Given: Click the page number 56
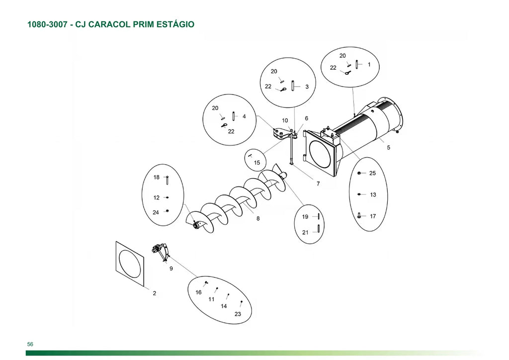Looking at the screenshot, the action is [x=30, y=344].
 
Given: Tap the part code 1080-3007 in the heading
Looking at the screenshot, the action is [x=47, y=24].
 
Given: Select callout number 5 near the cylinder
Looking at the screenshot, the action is [x=389, y=147].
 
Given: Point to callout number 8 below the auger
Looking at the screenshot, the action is [x=258, y=218].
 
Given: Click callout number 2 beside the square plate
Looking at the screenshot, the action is [x=155, y=293].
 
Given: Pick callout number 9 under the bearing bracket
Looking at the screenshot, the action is [x=171, y=269].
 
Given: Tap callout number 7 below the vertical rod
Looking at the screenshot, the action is [x=318, y=183].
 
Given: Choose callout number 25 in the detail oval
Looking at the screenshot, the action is [x=373, y=173].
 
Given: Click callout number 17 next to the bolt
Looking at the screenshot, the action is [x=373, y=216].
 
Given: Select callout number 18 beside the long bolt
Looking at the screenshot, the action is [x=157, y=177].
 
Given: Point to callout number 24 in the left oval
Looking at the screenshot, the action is [x=156, y=212].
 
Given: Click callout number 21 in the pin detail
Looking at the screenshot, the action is [x=305, y=232].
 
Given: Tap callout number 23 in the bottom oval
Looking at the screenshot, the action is [x=238, y=314].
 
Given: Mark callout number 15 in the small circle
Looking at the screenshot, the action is [x=257, y=163].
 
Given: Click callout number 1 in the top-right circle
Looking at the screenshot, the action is [x=369, y=65].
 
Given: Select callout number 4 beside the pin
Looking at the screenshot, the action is [x=244, y=116].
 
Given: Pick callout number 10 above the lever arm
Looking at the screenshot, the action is [x=285, y=120].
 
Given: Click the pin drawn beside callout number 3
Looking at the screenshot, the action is [x=293, y=86].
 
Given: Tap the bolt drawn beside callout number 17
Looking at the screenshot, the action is [x=359, y=215].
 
